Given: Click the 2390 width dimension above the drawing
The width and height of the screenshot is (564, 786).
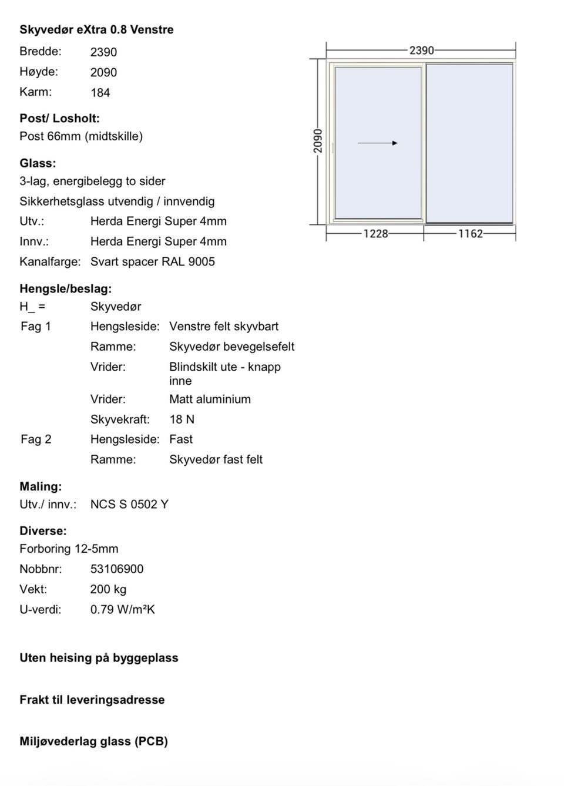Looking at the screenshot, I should [x=422, y=51].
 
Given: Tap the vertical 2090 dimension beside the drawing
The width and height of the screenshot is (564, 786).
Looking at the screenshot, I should [x=318, y=141].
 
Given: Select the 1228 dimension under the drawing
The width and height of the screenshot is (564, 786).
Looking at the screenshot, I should [x=376, y=234].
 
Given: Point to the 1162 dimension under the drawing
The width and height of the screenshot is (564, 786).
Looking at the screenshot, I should [x=471, y=234].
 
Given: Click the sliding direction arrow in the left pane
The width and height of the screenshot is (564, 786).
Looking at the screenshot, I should [x=377, y=143].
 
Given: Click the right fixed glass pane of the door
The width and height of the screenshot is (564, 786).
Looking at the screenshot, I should [x=469, y=143].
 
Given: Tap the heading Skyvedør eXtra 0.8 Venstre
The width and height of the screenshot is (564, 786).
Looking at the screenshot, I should [x=96, y=29].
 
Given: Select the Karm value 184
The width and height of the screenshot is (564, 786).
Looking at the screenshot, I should [x=100, y=93].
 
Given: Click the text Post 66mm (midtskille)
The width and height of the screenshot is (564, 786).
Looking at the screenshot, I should [x=81, y=136].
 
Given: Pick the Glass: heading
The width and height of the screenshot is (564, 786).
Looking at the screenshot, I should [x=38, y=163].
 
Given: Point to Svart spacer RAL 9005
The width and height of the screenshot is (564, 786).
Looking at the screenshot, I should [x=153, y=262].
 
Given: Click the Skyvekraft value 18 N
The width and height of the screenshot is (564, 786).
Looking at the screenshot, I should [x=182, y=419].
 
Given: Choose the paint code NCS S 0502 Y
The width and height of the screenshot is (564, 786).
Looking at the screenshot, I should [x=129, y=505].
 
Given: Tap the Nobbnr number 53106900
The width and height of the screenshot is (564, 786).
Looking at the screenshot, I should [x=117, y=569].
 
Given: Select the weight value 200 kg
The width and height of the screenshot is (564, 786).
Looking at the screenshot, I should [x=108, y=589].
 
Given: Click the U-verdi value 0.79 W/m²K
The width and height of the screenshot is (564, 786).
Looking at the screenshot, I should [x=122, y=610].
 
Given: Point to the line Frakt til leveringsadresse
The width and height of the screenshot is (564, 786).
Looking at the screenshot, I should [x=92, y=700].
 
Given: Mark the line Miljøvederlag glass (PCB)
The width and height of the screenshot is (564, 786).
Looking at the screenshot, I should [x=93, y=741].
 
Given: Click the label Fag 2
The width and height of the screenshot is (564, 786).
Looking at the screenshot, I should [x=36, y=439].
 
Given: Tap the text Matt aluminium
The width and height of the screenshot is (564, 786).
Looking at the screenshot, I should [x=210, y=399].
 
